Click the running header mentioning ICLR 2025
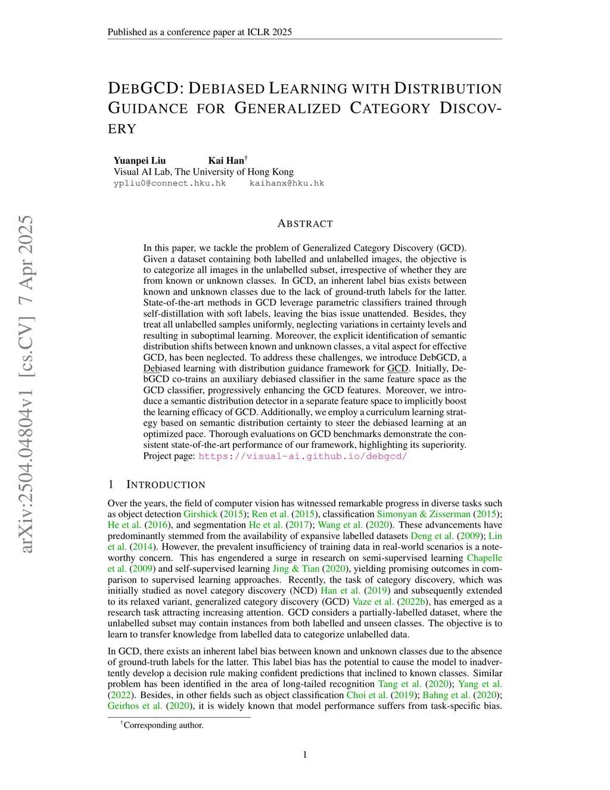tap(200, 32)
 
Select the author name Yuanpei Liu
tap(139, 160)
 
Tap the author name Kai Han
tap(226, 160)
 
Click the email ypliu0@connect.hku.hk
tap(170, 183)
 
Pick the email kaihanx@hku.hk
tap(287, 183)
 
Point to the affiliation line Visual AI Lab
tap(203, 172)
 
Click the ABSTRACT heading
tap(305, 224)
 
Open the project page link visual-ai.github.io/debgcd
tap(303, 456)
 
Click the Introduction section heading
tap(166, 485)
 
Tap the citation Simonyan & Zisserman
tap(424, 514)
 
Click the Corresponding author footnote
tap(163, 725)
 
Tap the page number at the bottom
tap(305, 755)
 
